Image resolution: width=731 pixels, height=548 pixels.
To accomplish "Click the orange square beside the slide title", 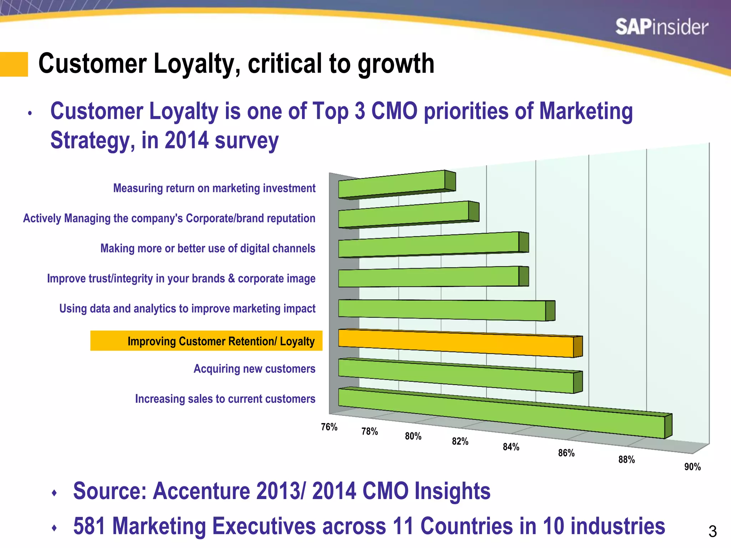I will (14, 64).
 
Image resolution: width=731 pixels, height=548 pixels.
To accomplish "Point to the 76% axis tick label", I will (329, 427).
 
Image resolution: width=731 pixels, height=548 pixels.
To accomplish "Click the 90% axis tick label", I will (692, 467).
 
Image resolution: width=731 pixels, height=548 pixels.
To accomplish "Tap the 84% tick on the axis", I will (511, 447).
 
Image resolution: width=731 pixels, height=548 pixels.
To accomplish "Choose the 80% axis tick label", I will (413, 436).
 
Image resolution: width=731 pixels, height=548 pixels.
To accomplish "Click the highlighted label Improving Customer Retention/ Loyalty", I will (221, 341).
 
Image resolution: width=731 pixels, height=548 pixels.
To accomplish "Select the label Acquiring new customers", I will (254, 369).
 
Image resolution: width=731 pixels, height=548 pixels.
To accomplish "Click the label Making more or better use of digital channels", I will (208, 248).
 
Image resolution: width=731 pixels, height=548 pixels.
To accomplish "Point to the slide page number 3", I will (712, 532).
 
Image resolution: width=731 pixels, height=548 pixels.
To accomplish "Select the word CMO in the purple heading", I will (394, 111).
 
